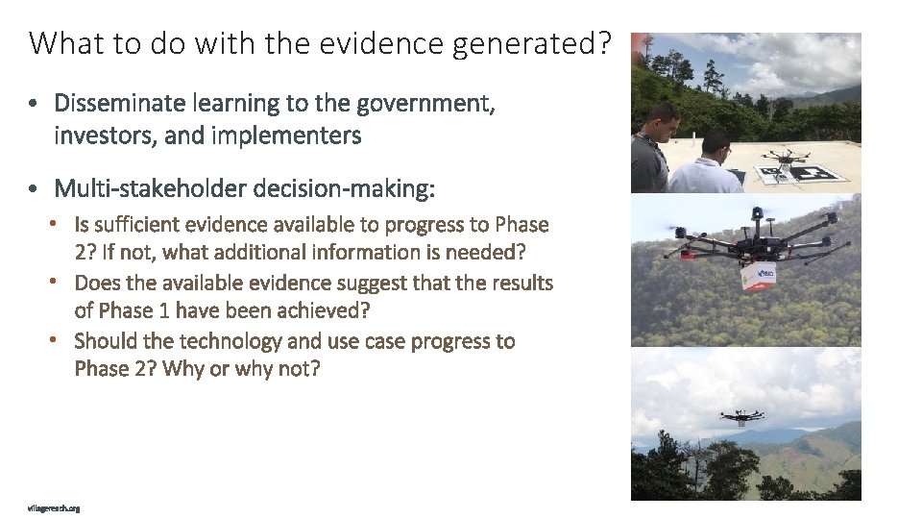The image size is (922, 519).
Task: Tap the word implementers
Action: tap(286, 136)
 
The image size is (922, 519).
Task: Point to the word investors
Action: tap(107, 136)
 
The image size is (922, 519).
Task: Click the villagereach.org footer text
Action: tap(54, 507)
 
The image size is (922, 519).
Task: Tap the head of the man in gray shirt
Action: tap(663, 121)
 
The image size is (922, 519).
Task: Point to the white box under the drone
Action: tap(758, 277)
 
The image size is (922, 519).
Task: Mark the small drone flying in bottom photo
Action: tap(740, 416)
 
